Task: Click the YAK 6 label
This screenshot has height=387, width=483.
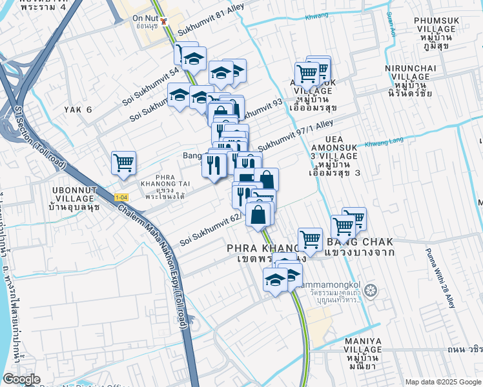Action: point(78,110)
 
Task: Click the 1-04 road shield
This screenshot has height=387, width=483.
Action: point(121,197)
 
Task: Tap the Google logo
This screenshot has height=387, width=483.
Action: point(21,379)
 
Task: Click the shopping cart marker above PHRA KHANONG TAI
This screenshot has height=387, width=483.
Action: point(123,163)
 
